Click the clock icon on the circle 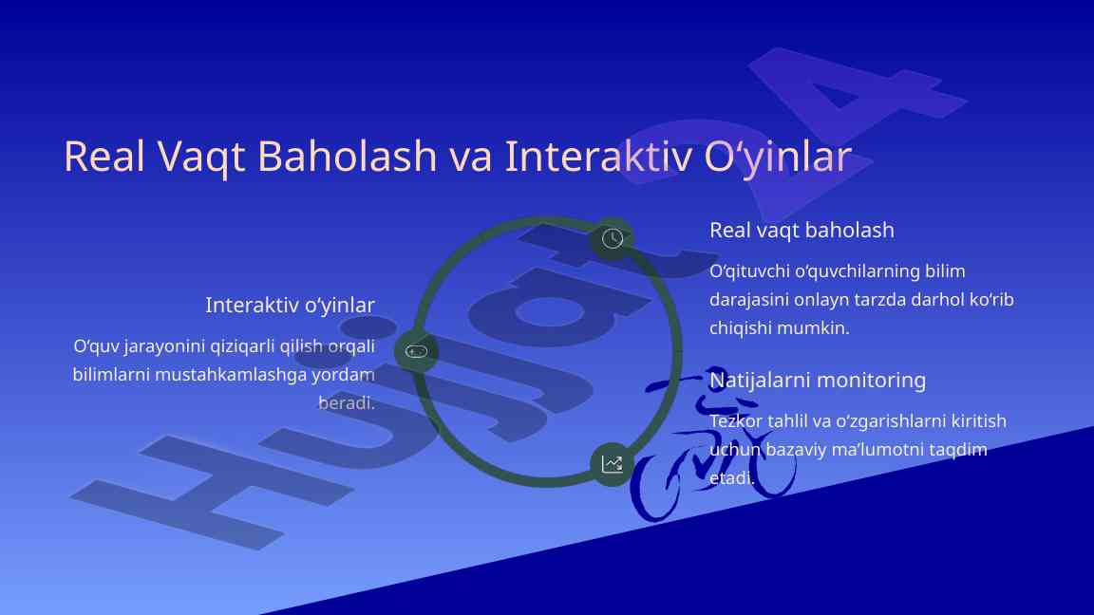click(x=612, y=238)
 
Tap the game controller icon click(x=417, y=351)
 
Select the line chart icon click(x=612, y=464)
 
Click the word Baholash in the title click(x=347, y=156)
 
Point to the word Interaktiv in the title click(x=598, y=156)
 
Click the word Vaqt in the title click(x=201, y=158)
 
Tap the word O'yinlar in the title click(x=778, y=157)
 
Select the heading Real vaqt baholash click(x=802, y=230)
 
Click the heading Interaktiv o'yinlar click(x=291, y=306)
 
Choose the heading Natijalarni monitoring click(x=818, y=380)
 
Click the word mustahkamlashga click(x=230, y=375)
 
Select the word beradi click(x=347, y=403)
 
